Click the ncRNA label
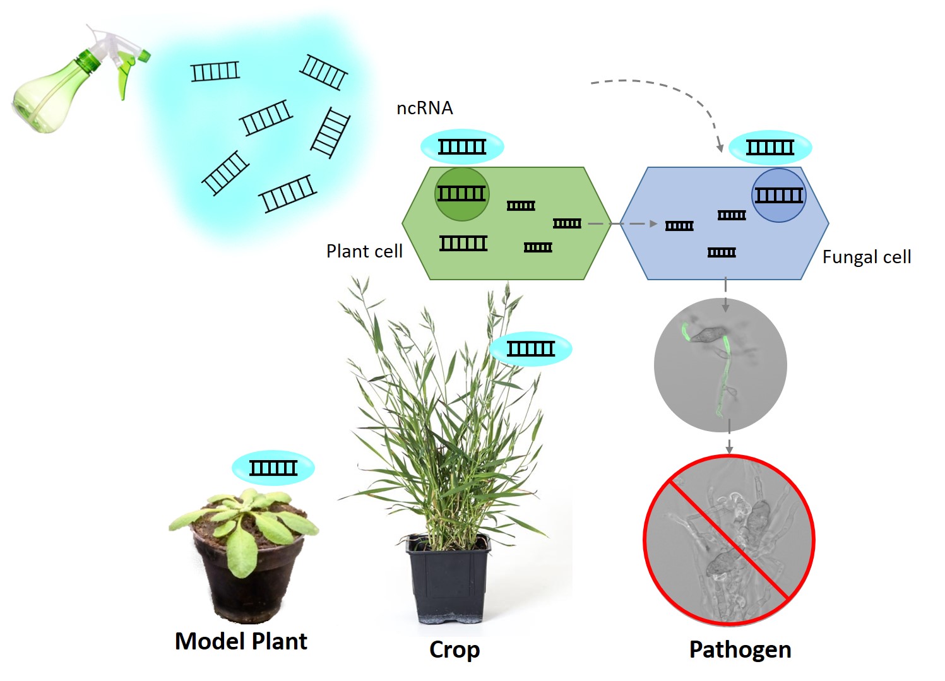(425, 109)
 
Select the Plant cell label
(364, 251)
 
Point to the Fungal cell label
(867, 257)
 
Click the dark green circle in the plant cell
(462, 194)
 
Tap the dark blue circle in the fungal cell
(779, 195)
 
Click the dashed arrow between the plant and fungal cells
(622, 223)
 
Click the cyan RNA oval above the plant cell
(462, 147)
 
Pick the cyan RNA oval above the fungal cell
(770, 148)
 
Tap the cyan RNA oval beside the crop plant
(531, 349)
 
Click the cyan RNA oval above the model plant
(273, 468)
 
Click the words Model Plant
(241, 641)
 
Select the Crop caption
(455, 650)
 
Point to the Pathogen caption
(740, 650)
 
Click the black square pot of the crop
(448, 580)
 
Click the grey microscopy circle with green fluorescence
(720, 365)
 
